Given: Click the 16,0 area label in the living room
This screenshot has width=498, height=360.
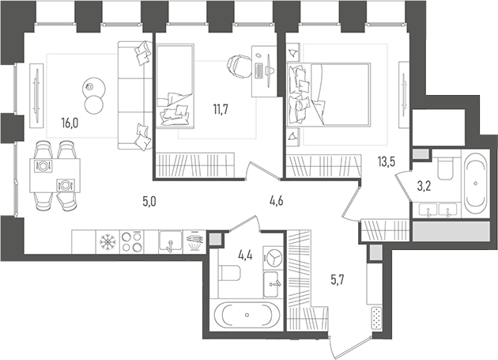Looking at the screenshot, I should click(70, 123).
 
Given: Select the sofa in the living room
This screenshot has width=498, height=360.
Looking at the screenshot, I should click(133, 95).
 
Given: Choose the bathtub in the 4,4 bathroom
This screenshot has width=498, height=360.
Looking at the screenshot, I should click(248, 316).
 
